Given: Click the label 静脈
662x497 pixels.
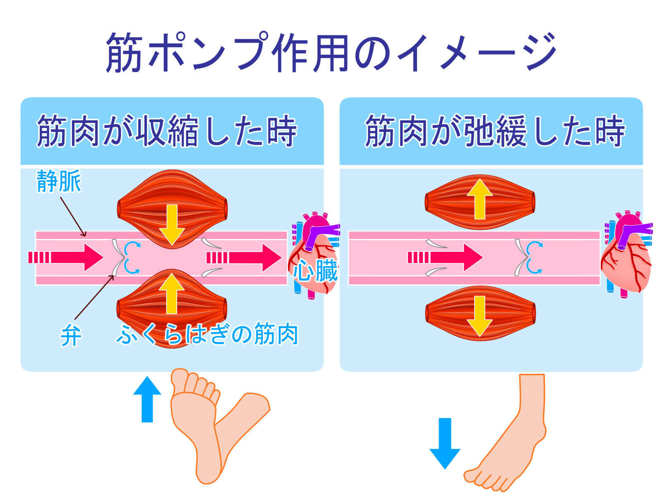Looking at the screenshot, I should [x=59, y=181].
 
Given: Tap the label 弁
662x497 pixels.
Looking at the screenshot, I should [x=70, y=335].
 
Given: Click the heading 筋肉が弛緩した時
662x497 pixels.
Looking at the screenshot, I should [x=494, y=131].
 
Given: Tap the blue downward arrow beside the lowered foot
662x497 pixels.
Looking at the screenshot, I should [x=445, y=443].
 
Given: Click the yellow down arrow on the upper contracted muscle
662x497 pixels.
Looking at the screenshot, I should [x=172, y=224].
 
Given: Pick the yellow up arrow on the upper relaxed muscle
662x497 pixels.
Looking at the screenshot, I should [x=480, y=199].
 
